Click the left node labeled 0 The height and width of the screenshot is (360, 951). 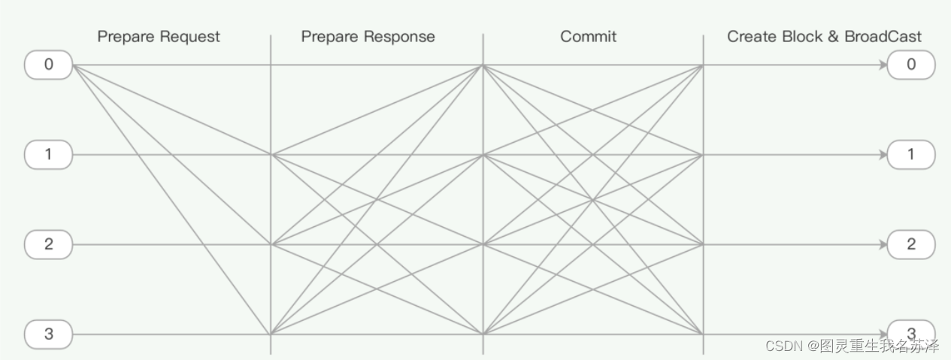pos(49,65)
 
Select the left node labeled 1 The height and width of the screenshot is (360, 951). pos(49,155)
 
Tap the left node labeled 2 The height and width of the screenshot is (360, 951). pos(49,244)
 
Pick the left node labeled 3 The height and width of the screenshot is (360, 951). pos(49,334)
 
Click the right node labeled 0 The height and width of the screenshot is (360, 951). pos(911,65)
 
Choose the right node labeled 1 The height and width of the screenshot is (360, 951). pos(911,155)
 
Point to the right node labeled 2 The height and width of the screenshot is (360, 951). pos(911,244)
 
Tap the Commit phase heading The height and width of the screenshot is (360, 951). pos(588,36)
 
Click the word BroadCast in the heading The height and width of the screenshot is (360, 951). pos(883,36)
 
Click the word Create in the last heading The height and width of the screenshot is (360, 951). pos(750,36)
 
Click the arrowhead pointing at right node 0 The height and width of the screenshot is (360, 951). pos(882,65)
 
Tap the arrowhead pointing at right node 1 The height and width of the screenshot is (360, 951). pos(882,155)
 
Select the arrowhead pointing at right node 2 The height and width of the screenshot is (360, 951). pos(882,244)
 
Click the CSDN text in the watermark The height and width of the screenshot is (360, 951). pos(783,346)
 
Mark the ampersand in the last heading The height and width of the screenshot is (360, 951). pos(833,36)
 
